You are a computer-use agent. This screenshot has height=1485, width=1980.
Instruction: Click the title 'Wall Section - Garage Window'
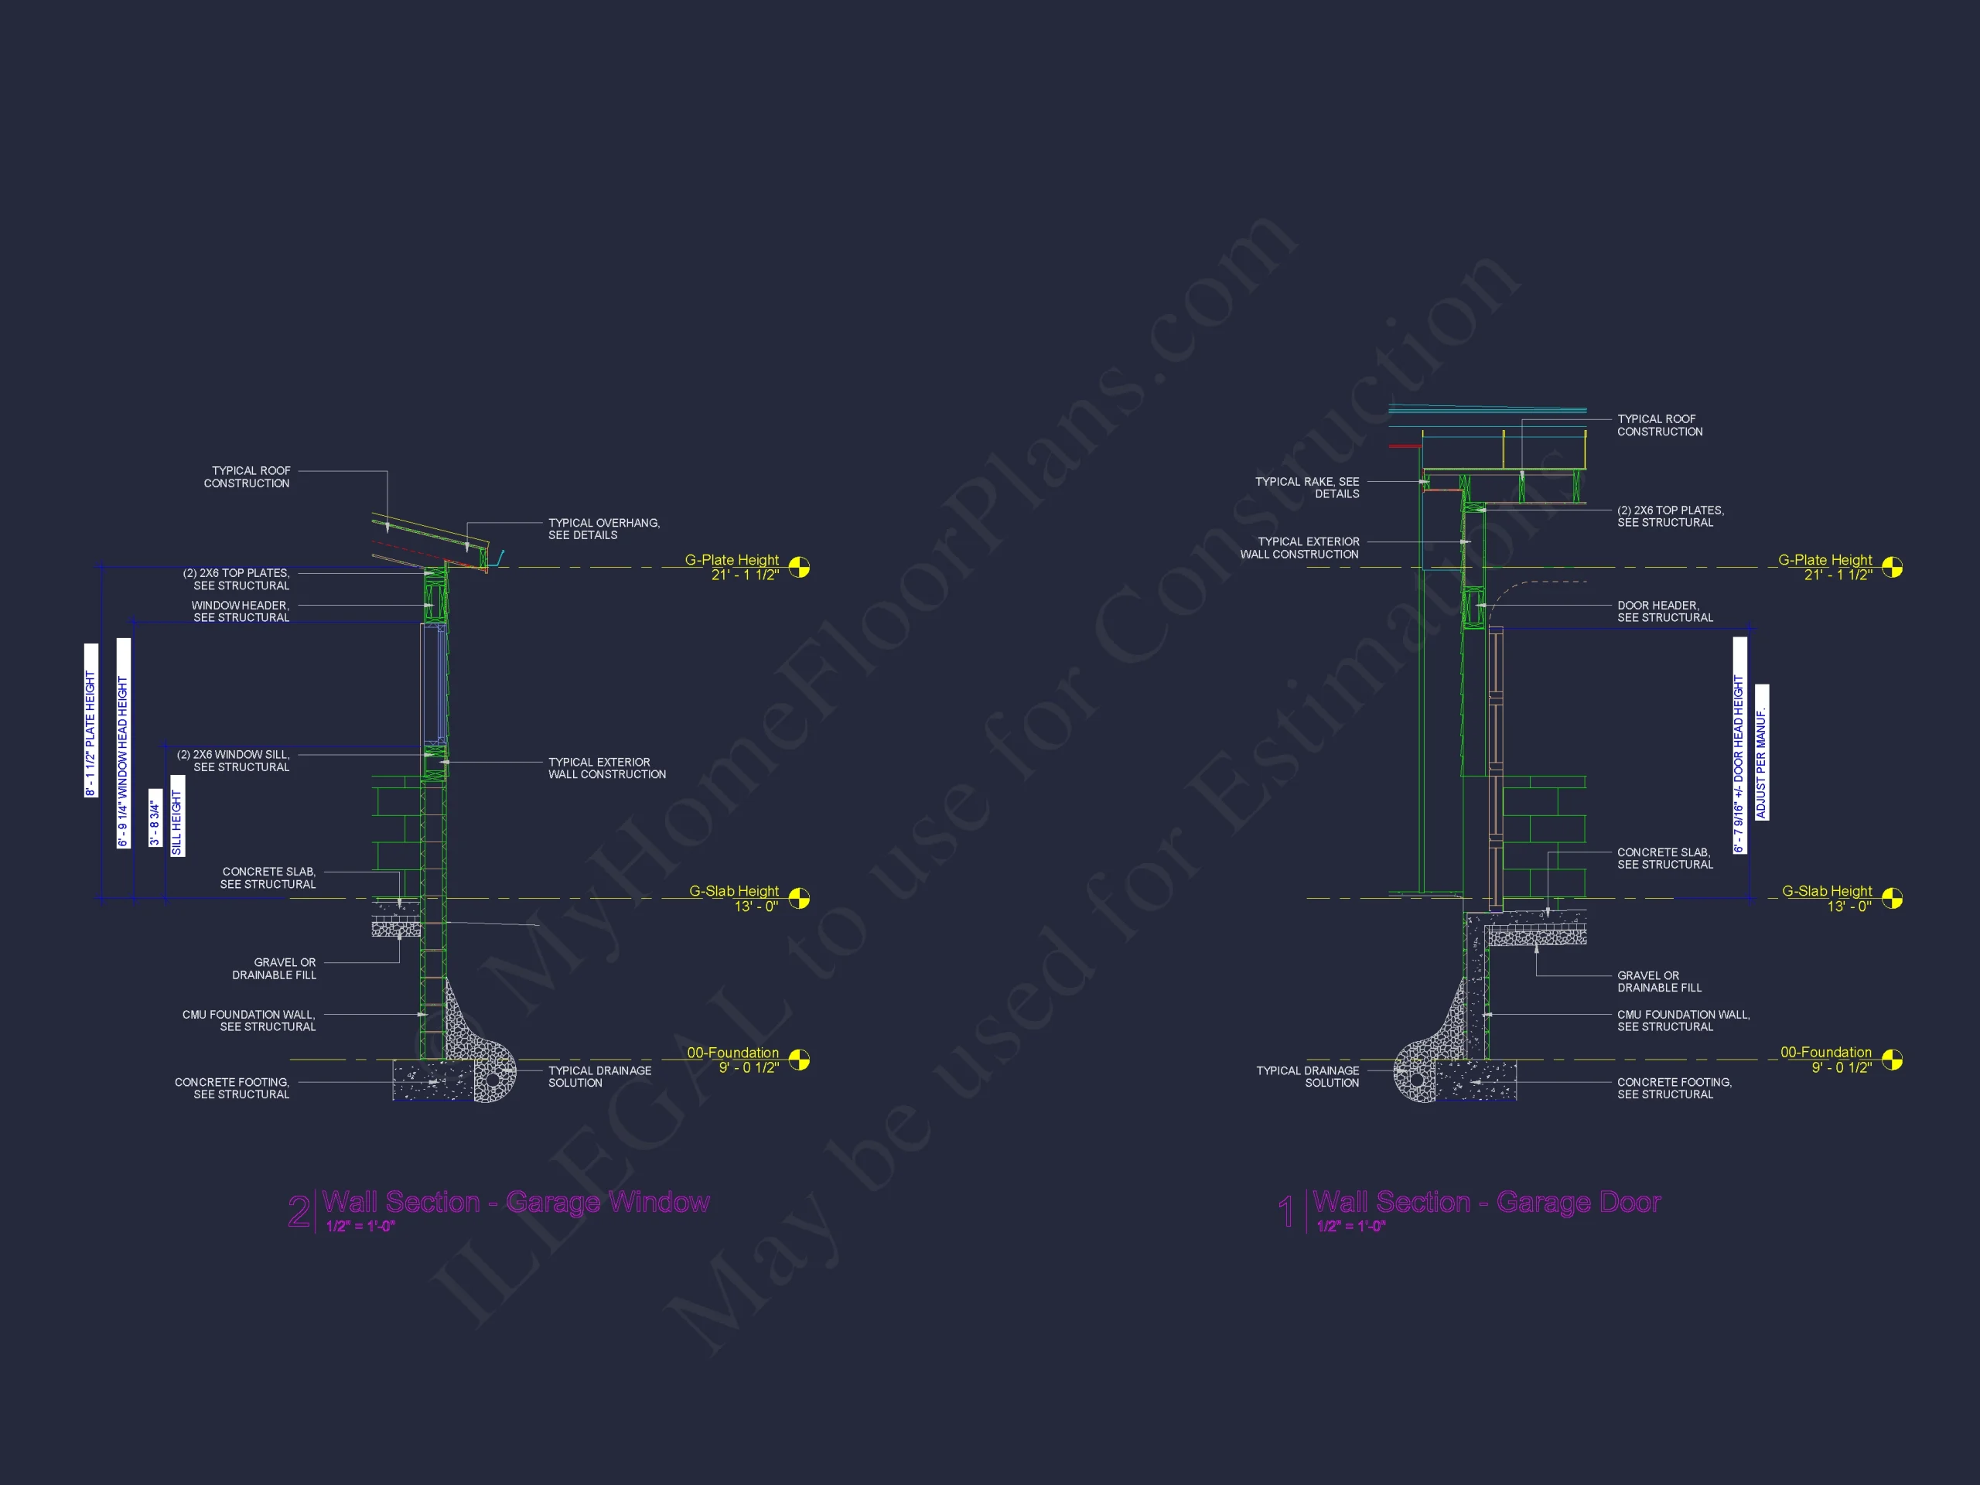coord(516,1201)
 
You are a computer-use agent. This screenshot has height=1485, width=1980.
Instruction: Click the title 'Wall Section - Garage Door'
coord(1487,1201)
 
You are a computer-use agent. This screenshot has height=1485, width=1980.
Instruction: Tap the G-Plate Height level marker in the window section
coord(799,568)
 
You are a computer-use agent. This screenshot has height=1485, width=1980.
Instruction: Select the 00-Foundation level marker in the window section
coord(799,1060)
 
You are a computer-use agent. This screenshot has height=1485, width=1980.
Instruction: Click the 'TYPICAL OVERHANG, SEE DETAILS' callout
coord(604,529)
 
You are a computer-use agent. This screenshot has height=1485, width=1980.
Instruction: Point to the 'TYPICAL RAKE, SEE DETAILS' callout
coord(1307,488)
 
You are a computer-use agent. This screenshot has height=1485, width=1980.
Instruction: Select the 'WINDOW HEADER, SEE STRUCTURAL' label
coord(240,611)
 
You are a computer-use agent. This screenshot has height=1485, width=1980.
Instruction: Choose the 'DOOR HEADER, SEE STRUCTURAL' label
coord(1665,611)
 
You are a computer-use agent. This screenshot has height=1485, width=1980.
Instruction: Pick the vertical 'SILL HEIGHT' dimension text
coord(177,815)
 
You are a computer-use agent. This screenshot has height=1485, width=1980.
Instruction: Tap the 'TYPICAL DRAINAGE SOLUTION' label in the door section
coord(1307,1077)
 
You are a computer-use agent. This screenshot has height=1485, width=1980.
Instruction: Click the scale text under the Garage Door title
coord(1350,1227)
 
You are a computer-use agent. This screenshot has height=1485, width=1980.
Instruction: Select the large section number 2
coord(299,1212)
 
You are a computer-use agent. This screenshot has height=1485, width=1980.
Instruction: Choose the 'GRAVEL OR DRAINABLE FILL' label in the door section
coord(1659,982)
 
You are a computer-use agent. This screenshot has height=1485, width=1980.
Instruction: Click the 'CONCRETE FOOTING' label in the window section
coord(232,1088)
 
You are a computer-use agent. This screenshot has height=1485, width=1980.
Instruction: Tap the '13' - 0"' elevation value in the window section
coord(756,906)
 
